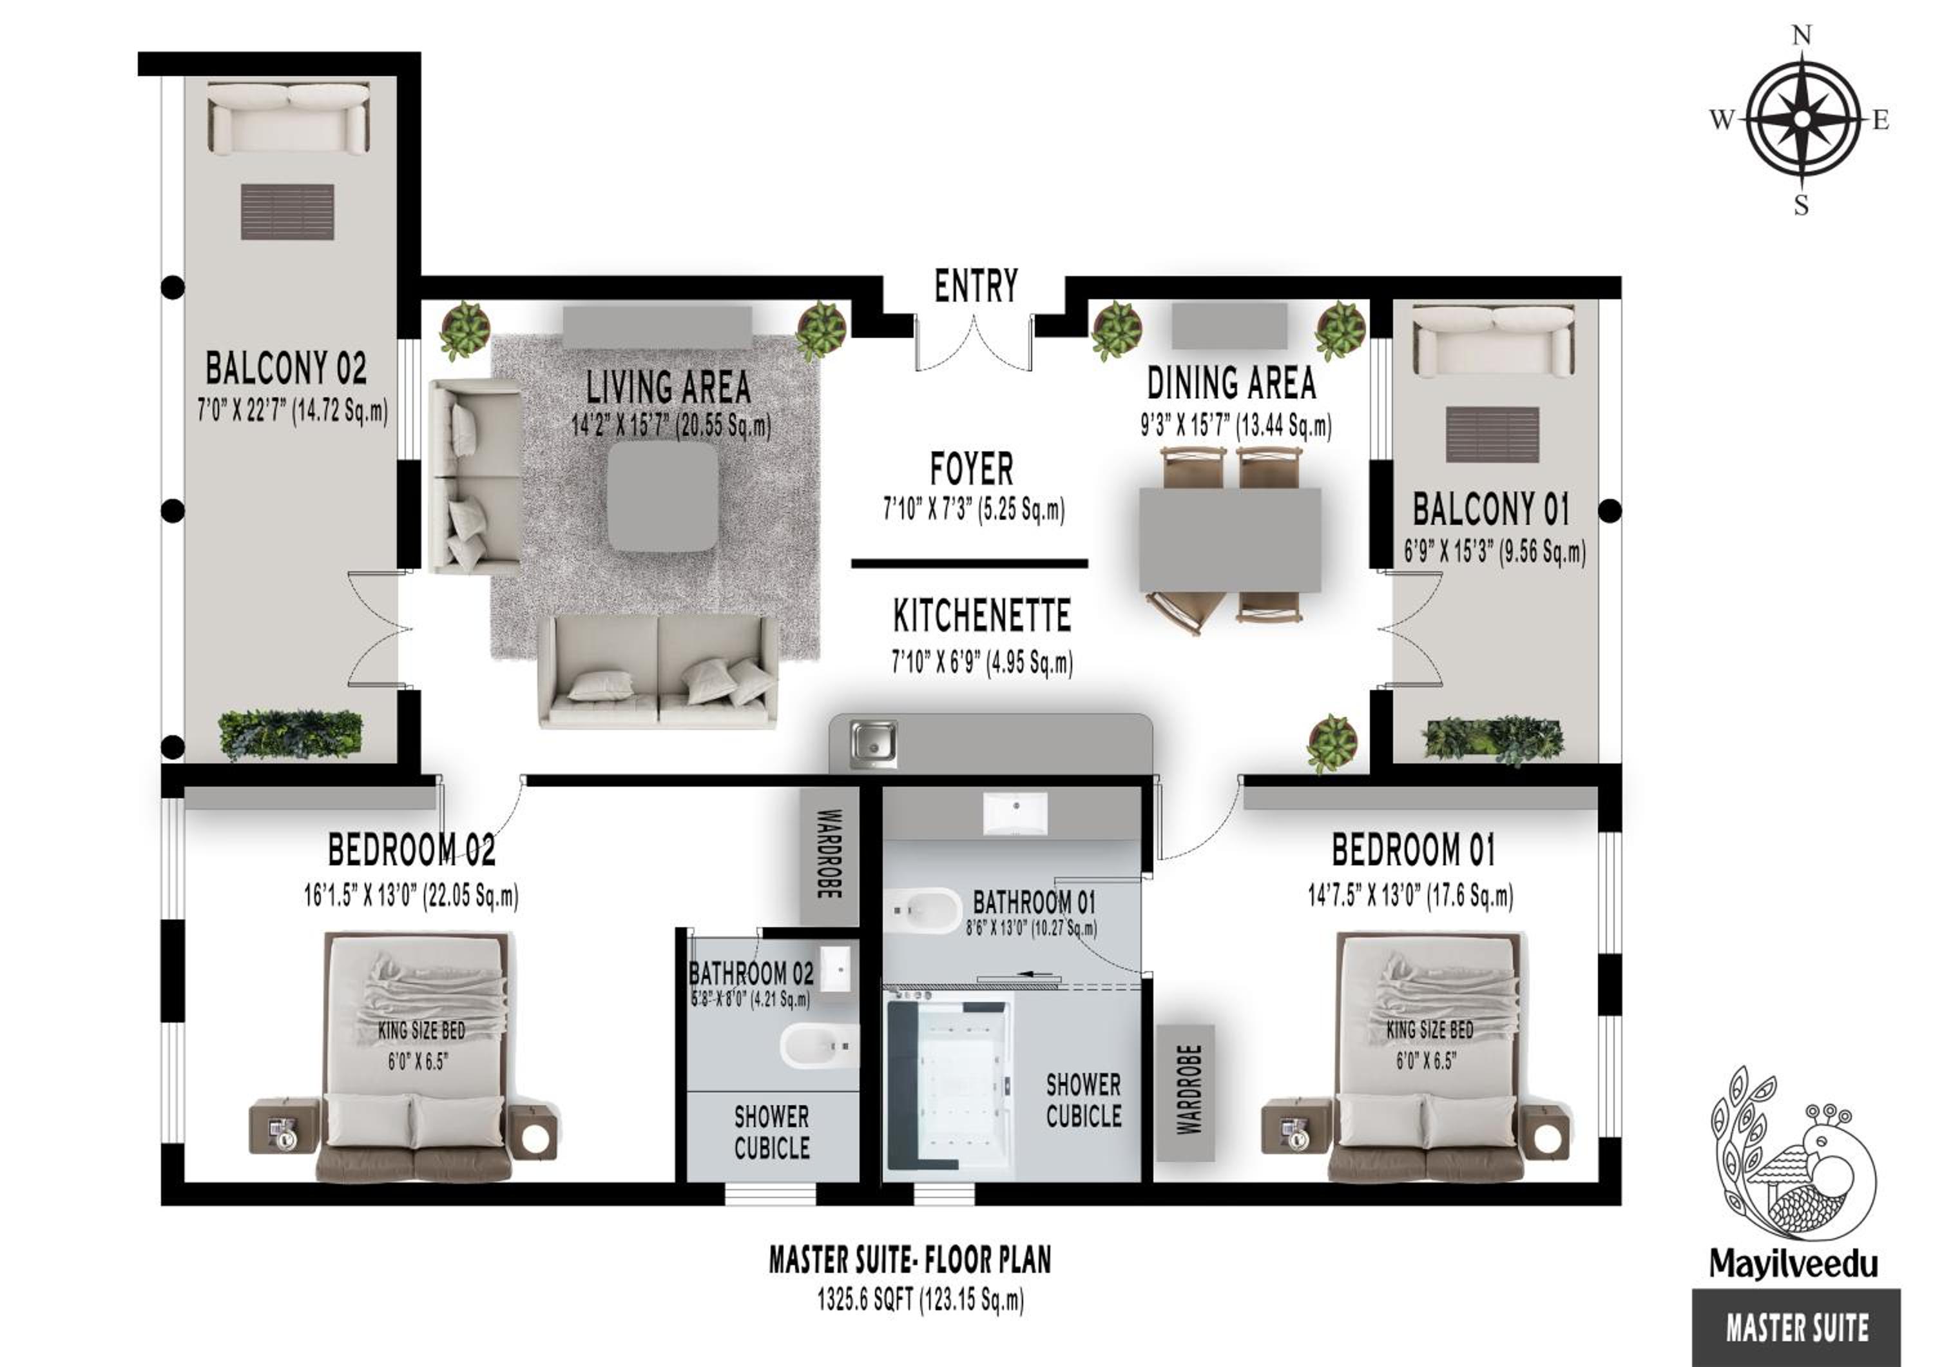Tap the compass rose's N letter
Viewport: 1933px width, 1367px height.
click(1801, 35)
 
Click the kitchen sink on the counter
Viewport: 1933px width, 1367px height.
click(873, 743)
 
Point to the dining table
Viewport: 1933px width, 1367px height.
click(1230, 540)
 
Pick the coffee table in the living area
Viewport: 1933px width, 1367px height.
click(664, 497)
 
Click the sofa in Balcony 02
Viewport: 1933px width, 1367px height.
click(288, 118)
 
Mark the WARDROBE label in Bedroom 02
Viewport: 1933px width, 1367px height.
click(829, 854)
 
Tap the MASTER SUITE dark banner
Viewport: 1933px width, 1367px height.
click(1796, 1328)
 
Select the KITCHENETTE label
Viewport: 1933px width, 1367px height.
click(982, 616)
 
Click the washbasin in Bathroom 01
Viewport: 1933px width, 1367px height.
click(1016, 814)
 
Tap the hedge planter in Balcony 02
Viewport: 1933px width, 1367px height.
click(291, 734)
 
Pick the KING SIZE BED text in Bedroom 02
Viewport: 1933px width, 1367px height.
click(421, 1030)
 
